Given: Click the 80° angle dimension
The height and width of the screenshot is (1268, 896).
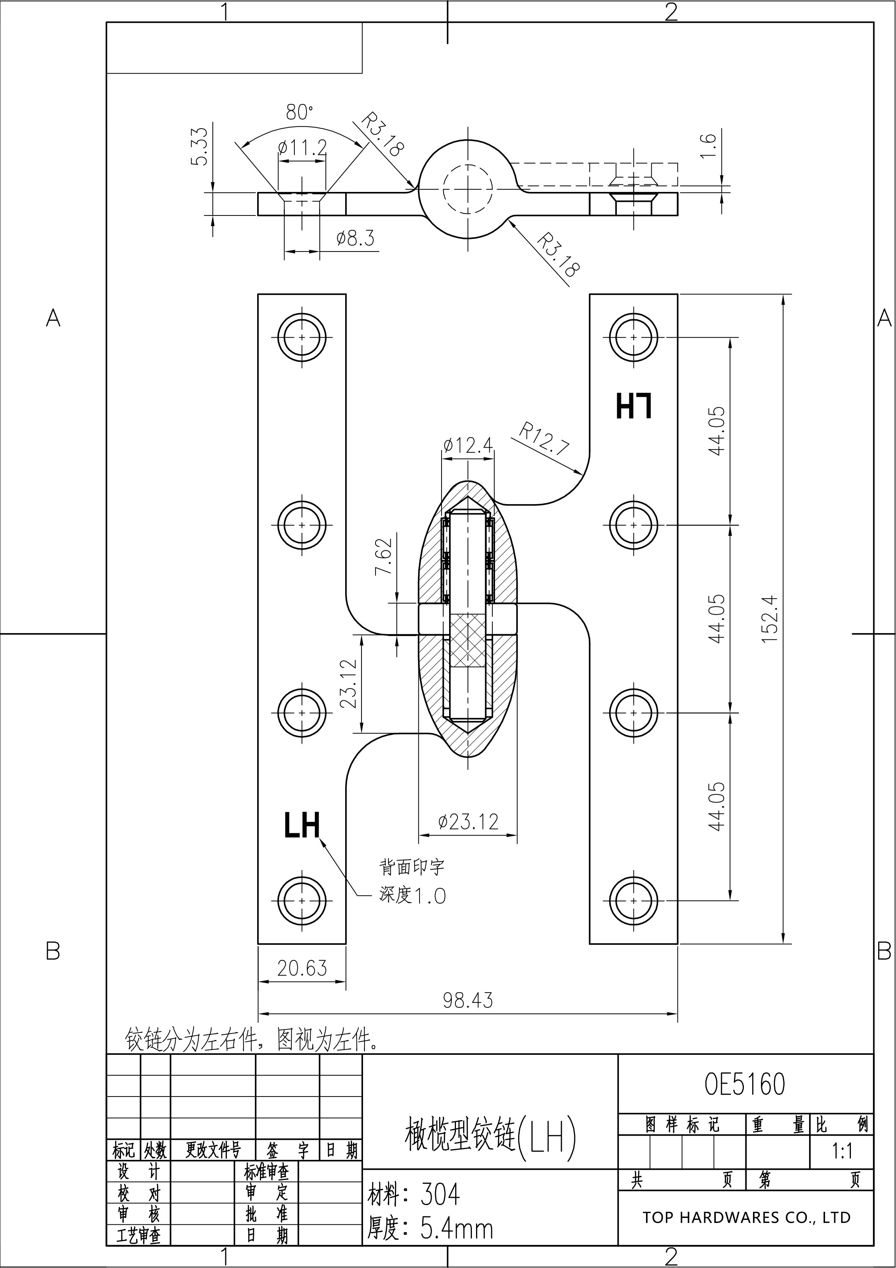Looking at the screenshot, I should pyautogui.click(x=299, y=113).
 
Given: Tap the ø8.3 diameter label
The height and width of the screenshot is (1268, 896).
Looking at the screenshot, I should pyautogui.click(x=355, y=239).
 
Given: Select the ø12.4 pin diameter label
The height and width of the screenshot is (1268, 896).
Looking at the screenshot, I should pyautogui.click(x=468, y=445).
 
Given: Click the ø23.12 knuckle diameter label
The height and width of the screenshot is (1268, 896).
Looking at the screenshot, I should pyautogui.click(x=468, y=822).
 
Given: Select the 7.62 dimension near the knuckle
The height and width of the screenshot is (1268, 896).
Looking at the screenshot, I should pyautogui.click(x=384, y=556).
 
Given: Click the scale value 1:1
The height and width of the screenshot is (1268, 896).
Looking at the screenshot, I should pyautogui.click(x=842, y=1151).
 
